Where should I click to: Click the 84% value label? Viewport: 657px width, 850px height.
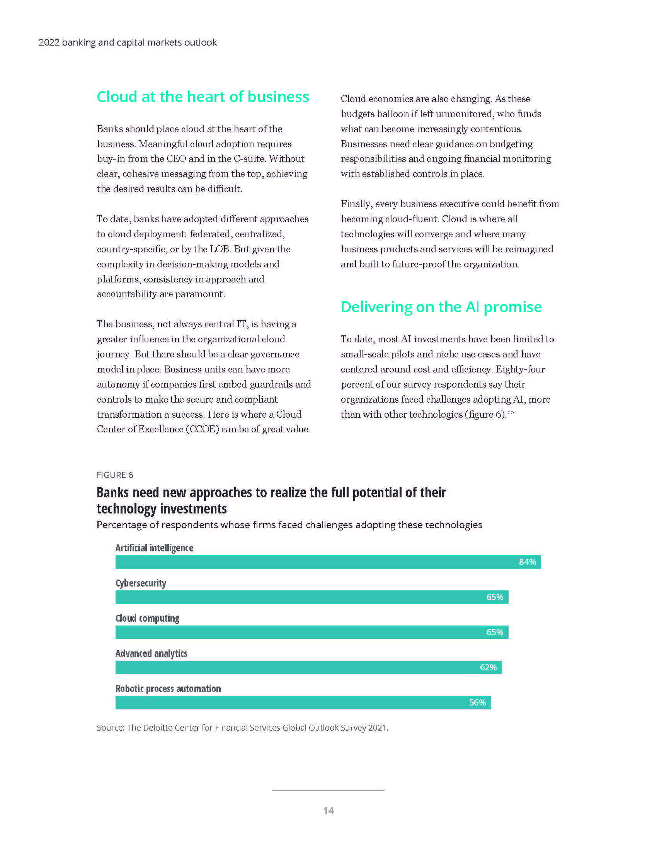pos(528,562)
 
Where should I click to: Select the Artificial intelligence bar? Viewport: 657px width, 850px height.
pos(311,562)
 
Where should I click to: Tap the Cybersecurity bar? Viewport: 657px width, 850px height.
pos(296,597)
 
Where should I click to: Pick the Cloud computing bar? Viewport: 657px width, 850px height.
pos(296,632)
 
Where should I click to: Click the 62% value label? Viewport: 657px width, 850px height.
pos(488,667)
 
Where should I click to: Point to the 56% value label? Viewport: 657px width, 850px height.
pos(477,702)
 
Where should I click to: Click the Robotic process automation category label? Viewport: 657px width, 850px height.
pos(168,688)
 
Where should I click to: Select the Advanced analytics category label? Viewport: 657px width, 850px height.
pos(151,653)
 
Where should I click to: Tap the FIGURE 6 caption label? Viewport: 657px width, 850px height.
pos(115,475)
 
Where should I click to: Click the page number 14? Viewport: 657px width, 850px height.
pos(328,811)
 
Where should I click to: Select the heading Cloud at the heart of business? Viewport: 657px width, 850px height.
pos(203,97)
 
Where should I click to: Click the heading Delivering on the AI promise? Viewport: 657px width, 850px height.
pos(441,307)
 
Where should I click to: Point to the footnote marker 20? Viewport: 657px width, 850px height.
pos(511,413)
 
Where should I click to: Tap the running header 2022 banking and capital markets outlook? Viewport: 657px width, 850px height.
pos(128,42)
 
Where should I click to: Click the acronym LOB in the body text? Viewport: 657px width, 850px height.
pos(220,249)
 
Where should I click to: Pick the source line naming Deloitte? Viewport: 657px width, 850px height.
pos(242,728)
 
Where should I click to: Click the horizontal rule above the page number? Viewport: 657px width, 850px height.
pos(328,790)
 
